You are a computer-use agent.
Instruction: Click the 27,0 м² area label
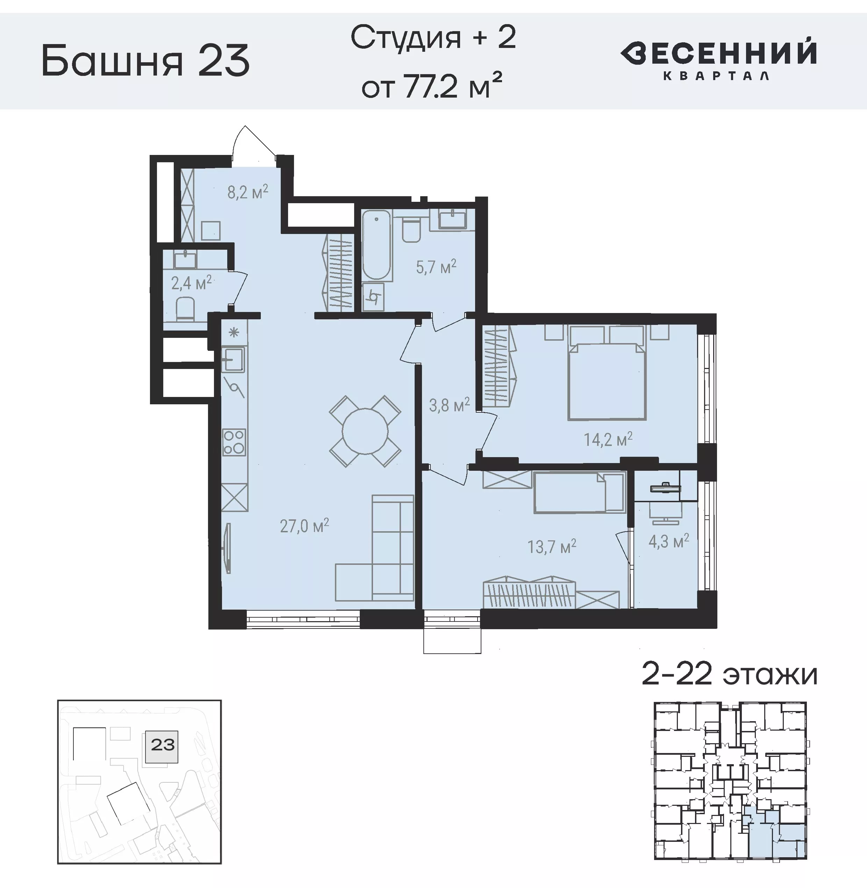[304, 526]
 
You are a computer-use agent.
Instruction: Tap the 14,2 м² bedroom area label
[608, 439]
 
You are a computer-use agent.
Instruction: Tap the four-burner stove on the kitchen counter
[234, 442]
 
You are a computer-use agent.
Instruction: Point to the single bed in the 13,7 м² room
[578, 492]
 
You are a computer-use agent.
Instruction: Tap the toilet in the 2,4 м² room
[185, 308]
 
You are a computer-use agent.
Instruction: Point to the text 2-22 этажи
[730, 674]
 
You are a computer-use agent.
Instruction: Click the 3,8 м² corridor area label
[449, 405]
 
